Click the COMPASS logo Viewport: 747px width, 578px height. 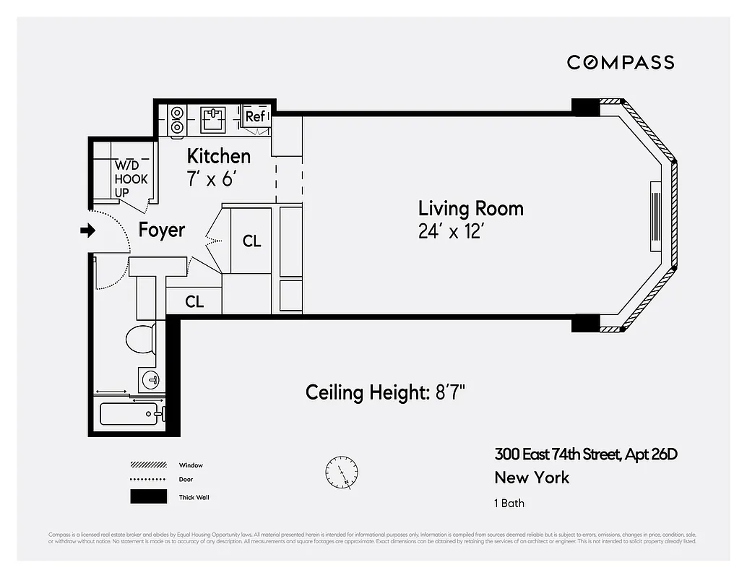620,62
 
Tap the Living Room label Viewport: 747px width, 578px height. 470,209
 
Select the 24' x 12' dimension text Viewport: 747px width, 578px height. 450,233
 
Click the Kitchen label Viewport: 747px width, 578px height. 218,156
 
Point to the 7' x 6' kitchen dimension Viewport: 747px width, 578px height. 212,178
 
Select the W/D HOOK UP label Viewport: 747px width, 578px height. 131,179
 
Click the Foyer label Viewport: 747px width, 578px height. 162,230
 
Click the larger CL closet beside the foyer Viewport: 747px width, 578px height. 251,241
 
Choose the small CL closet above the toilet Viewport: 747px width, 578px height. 194,301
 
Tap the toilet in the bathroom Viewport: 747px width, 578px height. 140,338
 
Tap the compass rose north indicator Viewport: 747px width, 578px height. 341,472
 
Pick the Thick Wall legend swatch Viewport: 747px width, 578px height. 148,497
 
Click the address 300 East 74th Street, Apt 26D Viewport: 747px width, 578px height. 585,454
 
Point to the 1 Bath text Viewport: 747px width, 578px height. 509,503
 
